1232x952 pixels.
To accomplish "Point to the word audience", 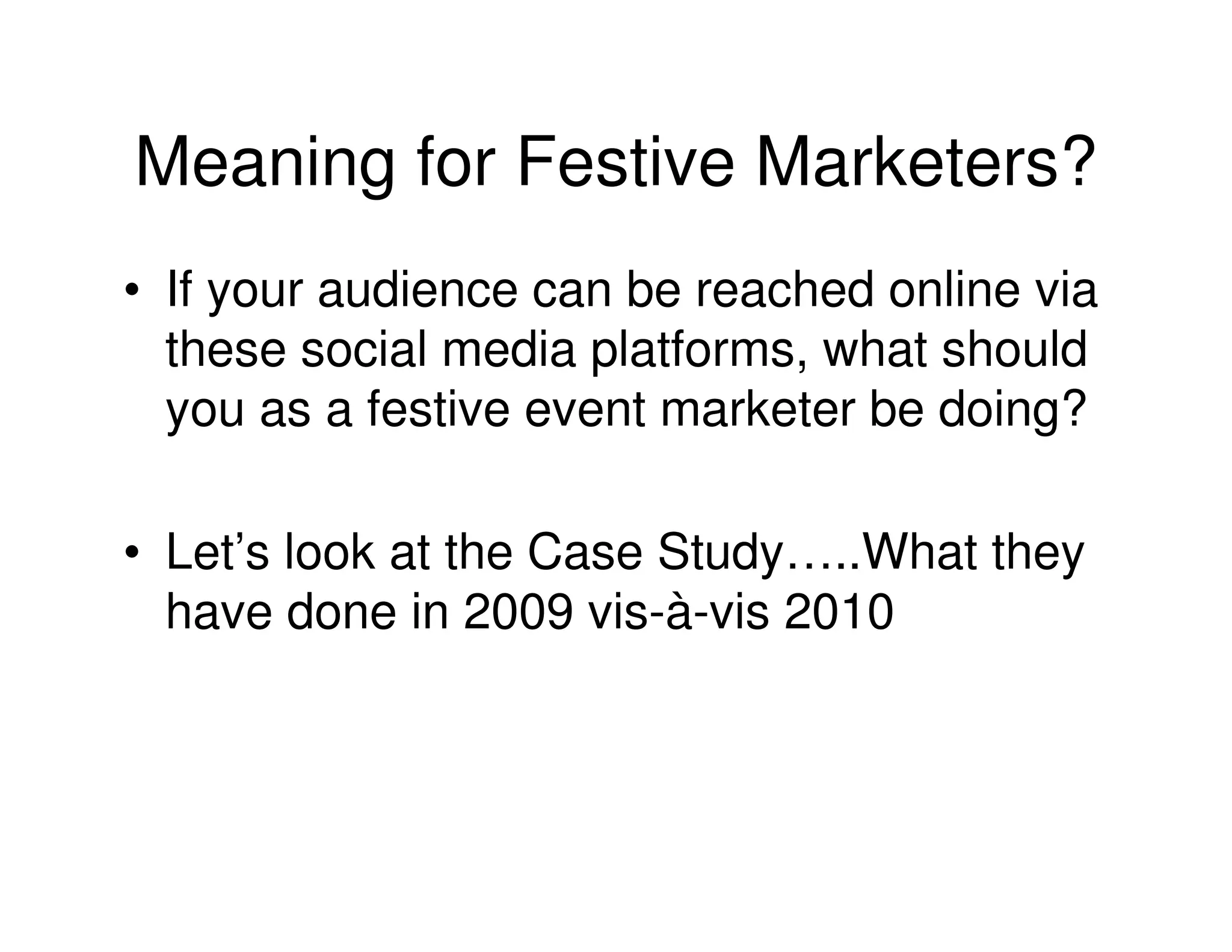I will (417, 290).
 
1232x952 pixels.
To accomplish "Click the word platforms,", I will (700, 351).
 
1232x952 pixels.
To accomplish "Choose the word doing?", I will (1012, 412).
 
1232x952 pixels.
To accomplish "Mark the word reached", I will (784, 290).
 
